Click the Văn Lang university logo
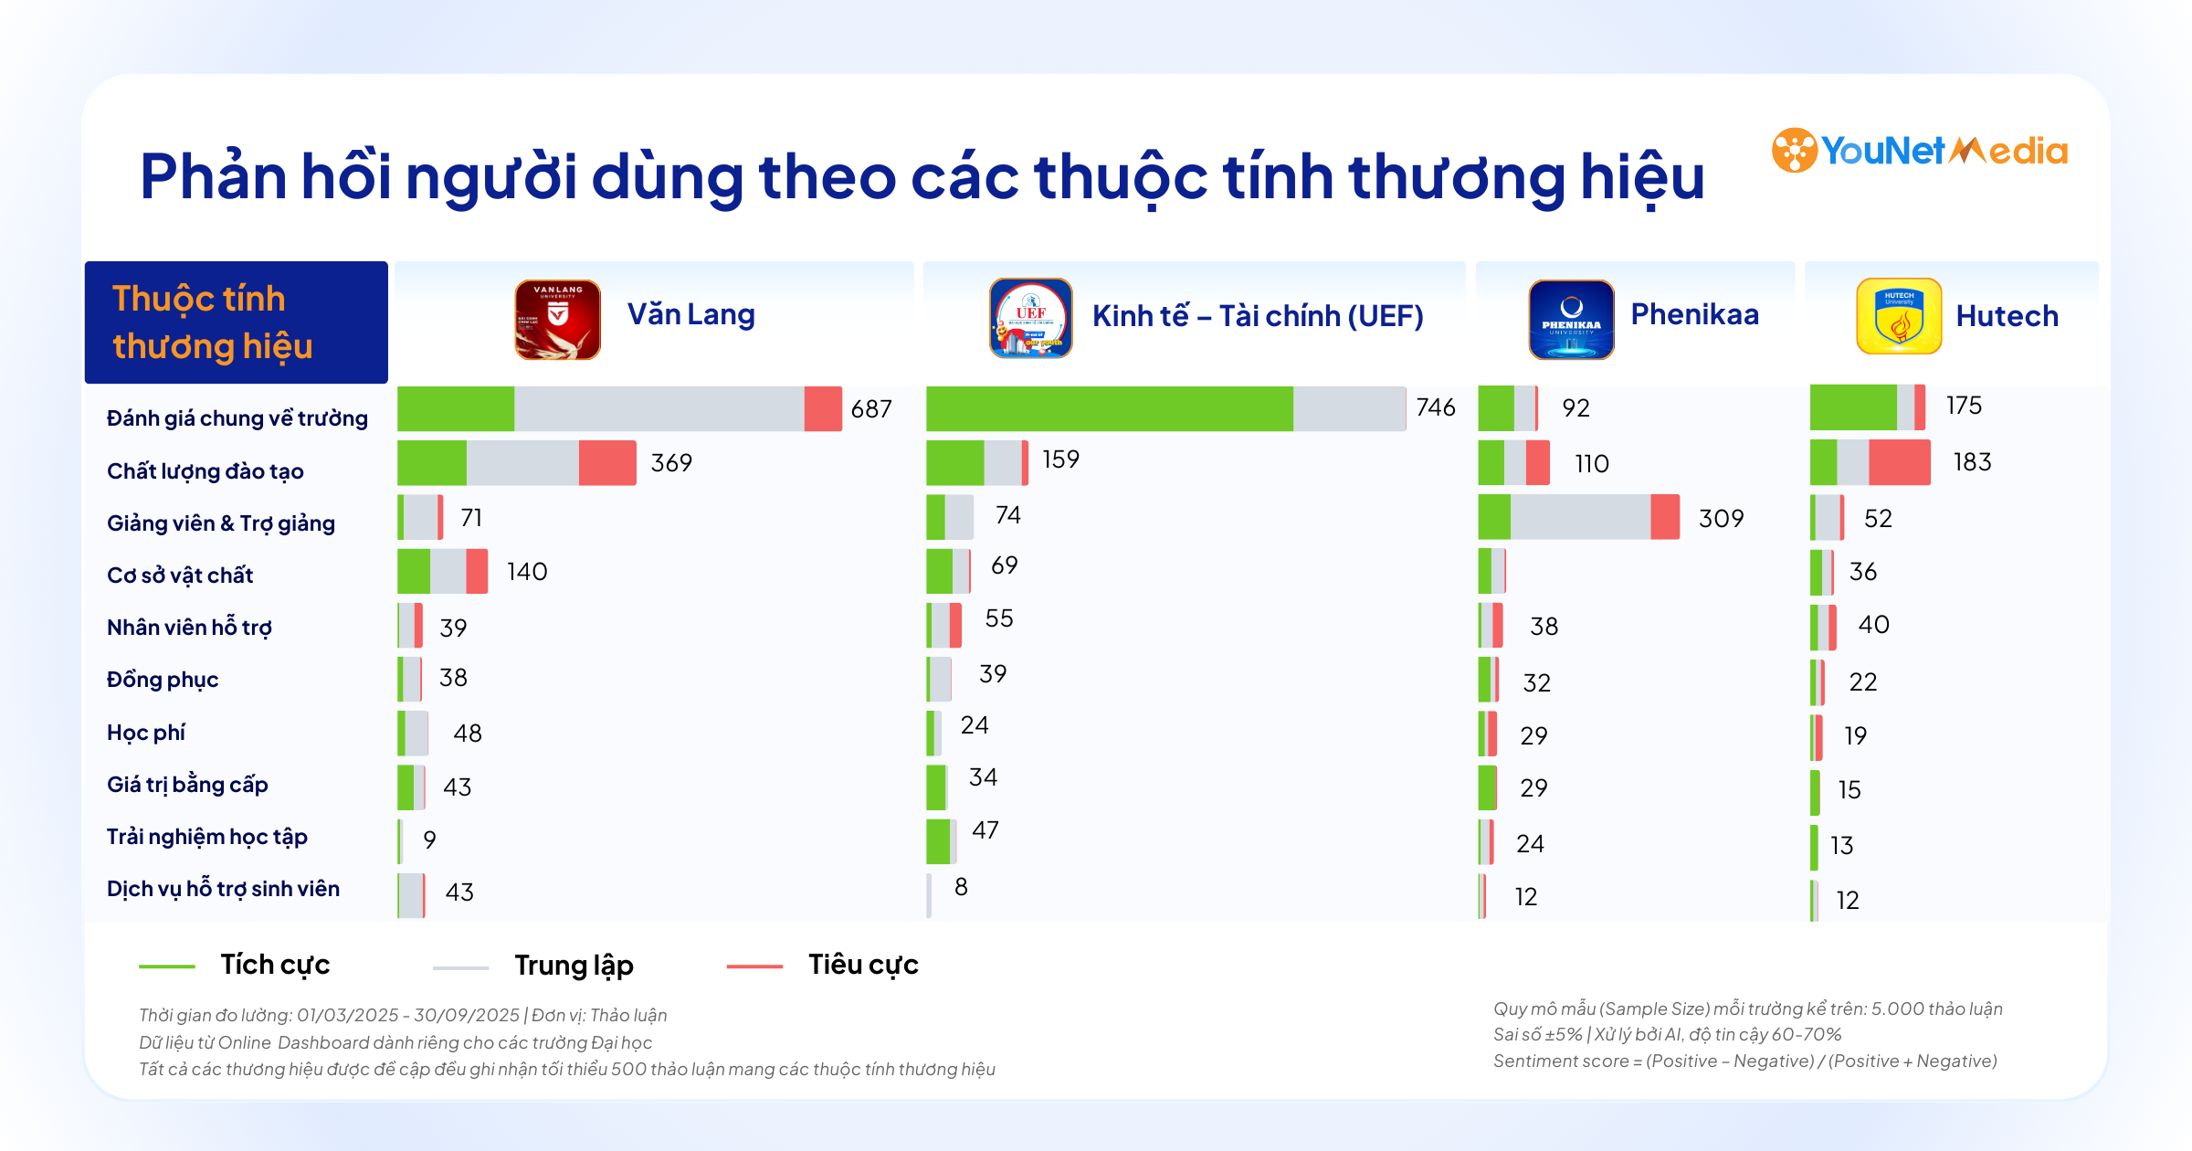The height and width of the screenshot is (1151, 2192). pyautogui.click(x=557, y=319)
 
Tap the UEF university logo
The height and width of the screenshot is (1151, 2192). pyautogui.click(x=1030, y=318)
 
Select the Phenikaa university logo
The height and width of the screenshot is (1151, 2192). pyautogui.click(x=1571, y=319)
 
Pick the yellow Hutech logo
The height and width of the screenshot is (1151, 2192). pyautogui.click(x=1899, y=316)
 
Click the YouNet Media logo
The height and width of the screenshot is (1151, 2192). pyautogui.click(x=1919, y=151)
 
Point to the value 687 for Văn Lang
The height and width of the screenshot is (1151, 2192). pyautogui.click(x=870, y=409)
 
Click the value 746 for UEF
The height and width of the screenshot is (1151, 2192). pyautogui.click(x=1435, y=407)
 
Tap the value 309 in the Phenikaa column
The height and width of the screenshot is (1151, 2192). pyautogui.click(x=1721, y=519)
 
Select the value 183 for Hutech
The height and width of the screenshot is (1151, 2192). pyautogui.click(x=1972, y=462)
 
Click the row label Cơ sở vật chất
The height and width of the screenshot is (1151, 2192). pyautogui.click(x=180, y=575)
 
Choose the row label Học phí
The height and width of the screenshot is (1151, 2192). pyautogui.click(x=146, y=733)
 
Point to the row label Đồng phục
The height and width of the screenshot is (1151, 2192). pyautogui.click(x=163, y=680)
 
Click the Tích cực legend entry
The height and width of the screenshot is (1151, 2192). pyautogui.click(x=274, y=965)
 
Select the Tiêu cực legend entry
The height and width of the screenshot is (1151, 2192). pyautogui.click(x=862, y=965)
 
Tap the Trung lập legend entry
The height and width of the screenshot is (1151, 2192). pyautogui.click(x=573, y=966)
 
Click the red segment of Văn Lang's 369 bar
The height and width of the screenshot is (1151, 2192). pyautogui.click(x=607, y=463)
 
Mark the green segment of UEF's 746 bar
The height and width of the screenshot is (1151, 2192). pyautogui.click(x=1109, y=408)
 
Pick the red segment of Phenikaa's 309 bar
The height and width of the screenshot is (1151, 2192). pyautogui.click(x=1664, y=517)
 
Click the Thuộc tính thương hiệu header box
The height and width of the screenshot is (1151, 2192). pyautogui.click(x=236, y=322)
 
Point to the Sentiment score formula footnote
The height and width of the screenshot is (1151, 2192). pyautogui.click(x=1744, y=1061)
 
